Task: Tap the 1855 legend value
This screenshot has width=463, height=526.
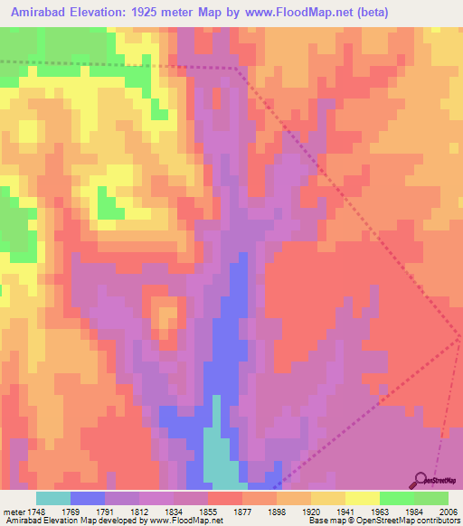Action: pyautogui.click(x=208, y=511)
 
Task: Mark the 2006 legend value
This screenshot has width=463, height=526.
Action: pyautogui.click(x=447, y=511)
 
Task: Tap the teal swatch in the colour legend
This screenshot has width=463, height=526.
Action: pyautogui.click(x=53, y=498)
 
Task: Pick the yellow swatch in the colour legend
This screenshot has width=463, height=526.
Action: pyautogui.click(x=363, y=498)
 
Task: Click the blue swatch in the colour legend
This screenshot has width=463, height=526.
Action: pyautogui.click(x=88, y=498)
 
